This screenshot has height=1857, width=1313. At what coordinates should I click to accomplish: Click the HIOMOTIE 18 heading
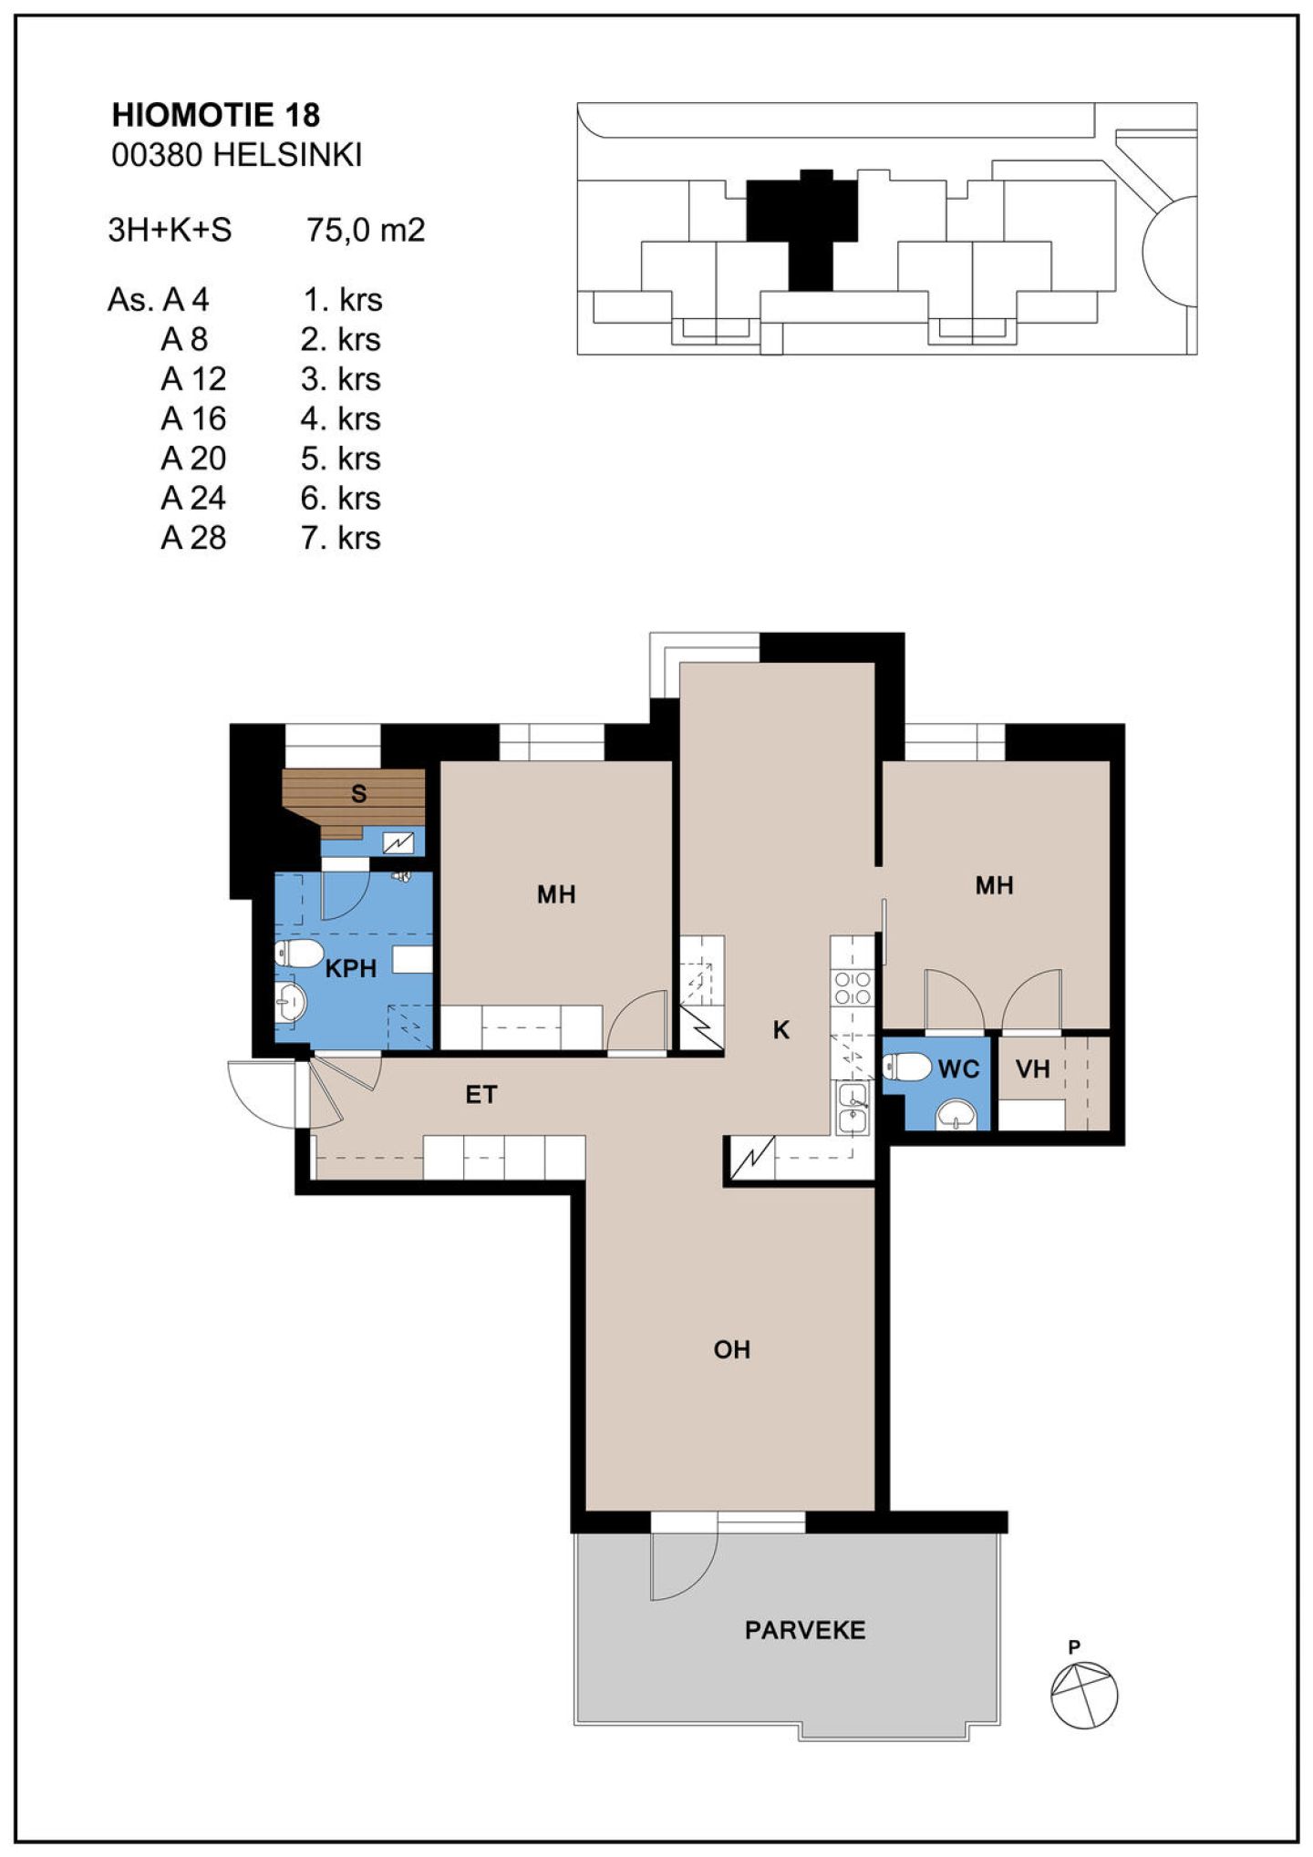pos(216,115)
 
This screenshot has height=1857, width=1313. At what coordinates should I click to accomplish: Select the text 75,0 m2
pos(366,230)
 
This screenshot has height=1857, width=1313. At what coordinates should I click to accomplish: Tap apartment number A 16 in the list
pos(193,418)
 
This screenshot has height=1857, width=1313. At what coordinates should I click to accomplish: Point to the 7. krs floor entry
pos(341,538)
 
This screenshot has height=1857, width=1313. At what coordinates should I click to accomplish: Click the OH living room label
pos(732,1349)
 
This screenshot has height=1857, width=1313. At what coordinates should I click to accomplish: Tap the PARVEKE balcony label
pos(805,1630)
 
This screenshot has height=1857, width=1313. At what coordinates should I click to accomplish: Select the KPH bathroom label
pos(351,968)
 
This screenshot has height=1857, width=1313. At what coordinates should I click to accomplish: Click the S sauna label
pos(359,794)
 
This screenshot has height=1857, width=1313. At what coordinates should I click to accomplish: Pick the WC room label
pos(958,1068)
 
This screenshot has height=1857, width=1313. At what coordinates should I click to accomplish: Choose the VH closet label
pos(1033,1068)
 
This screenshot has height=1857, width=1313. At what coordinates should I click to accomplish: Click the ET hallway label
pos(481,1095)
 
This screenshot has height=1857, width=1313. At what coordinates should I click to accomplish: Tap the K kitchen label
pos(781,1030)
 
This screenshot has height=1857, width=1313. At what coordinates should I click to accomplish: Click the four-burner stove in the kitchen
pos(853,987)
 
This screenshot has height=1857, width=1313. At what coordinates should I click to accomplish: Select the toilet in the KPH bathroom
pos(298,954)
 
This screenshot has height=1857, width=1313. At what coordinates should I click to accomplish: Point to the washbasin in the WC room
pos(956,1114)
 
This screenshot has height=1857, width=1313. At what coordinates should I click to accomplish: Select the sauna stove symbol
pos(398,843)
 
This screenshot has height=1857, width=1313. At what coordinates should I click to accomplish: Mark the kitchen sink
pos(853,1109)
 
